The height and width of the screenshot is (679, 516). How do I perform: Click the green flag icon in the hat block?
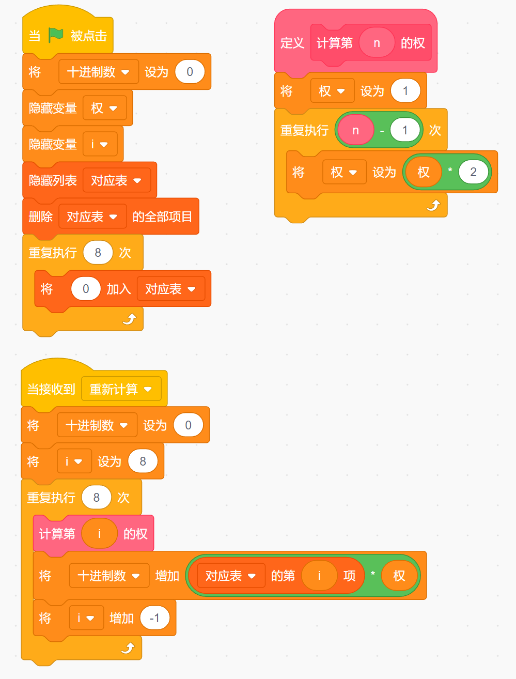[56, 35]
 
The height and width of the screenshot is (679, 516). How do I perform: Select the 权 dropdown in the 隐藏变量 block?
[104, 108]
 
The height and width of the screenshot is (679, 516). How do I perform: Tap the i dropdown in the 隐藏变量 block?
[100, 144]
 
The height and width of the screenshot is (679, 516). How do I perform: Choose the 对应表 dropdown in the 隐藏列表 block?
[116, 180]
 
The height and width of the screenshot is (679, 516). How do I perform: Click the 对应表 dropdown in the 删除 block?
[92, 217]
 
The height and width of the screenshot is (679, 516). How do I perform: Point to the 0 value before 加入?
[86, 289]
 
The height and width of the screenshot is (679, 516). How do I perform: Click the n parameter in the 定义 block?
[377, 43]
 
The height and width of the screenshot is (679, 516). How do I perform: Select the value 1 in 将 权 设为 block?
[405, 91]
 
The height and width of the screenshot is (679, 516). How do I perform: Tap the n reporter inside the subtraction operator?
[355, 130]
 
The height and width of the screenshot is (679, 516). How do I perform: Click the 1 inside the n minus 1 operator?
[405, 130]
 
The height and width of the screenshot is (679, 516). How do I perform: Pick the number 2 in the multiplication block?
[473, 172]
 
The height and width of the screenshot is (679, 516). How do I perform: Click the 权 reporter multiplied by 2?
[424, 172]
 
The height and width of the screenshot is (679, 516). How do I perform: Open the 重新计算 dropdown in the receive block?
[121, 389]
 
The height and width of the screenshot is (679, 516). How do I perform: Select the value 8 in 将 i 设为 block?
[143, 461]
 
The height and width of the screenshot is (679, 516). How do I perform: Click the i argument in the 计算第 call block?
[100, 534]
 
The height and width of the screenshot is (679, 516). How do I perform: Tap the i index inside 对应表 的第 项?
[319, 576]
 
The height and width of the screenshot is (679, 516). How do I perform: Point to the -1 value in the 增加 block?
[154, 618]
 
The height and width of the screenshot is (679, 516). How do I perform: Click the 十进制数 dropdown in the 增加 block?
[108, 576]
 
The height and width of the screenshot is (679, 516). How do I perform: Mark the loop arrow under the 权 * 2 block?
[433, 206]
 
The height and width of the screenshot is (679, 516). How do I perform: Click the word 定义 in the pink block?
[292, 43]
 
